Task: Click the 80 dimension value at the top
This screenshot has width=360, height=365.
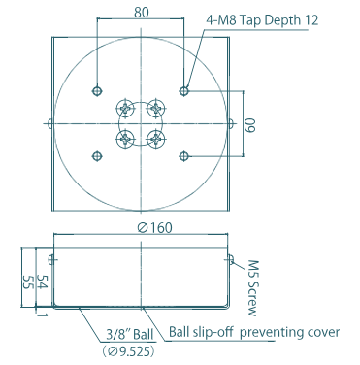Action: coord(142,13)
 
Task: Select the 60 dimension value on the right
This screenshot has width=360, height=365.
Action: coord(250,125)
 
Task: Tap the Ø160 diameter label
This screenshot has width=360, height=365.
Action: coord(154,228)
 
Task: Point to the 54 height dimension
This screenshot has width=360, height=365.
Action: coord(43,282)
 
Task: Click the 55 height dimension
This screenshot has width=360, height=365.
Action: coord(28,282)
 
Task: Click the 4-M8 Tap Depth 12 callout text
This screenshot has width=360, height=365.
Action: coord(262,20)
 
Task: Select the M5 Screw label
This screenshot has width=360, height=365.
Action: coord(252,288)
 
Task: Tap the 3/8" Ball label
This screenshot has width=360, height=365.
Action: coord(130,335)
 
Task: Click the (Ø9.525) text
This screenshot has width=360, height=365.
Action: coord(129,351)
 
